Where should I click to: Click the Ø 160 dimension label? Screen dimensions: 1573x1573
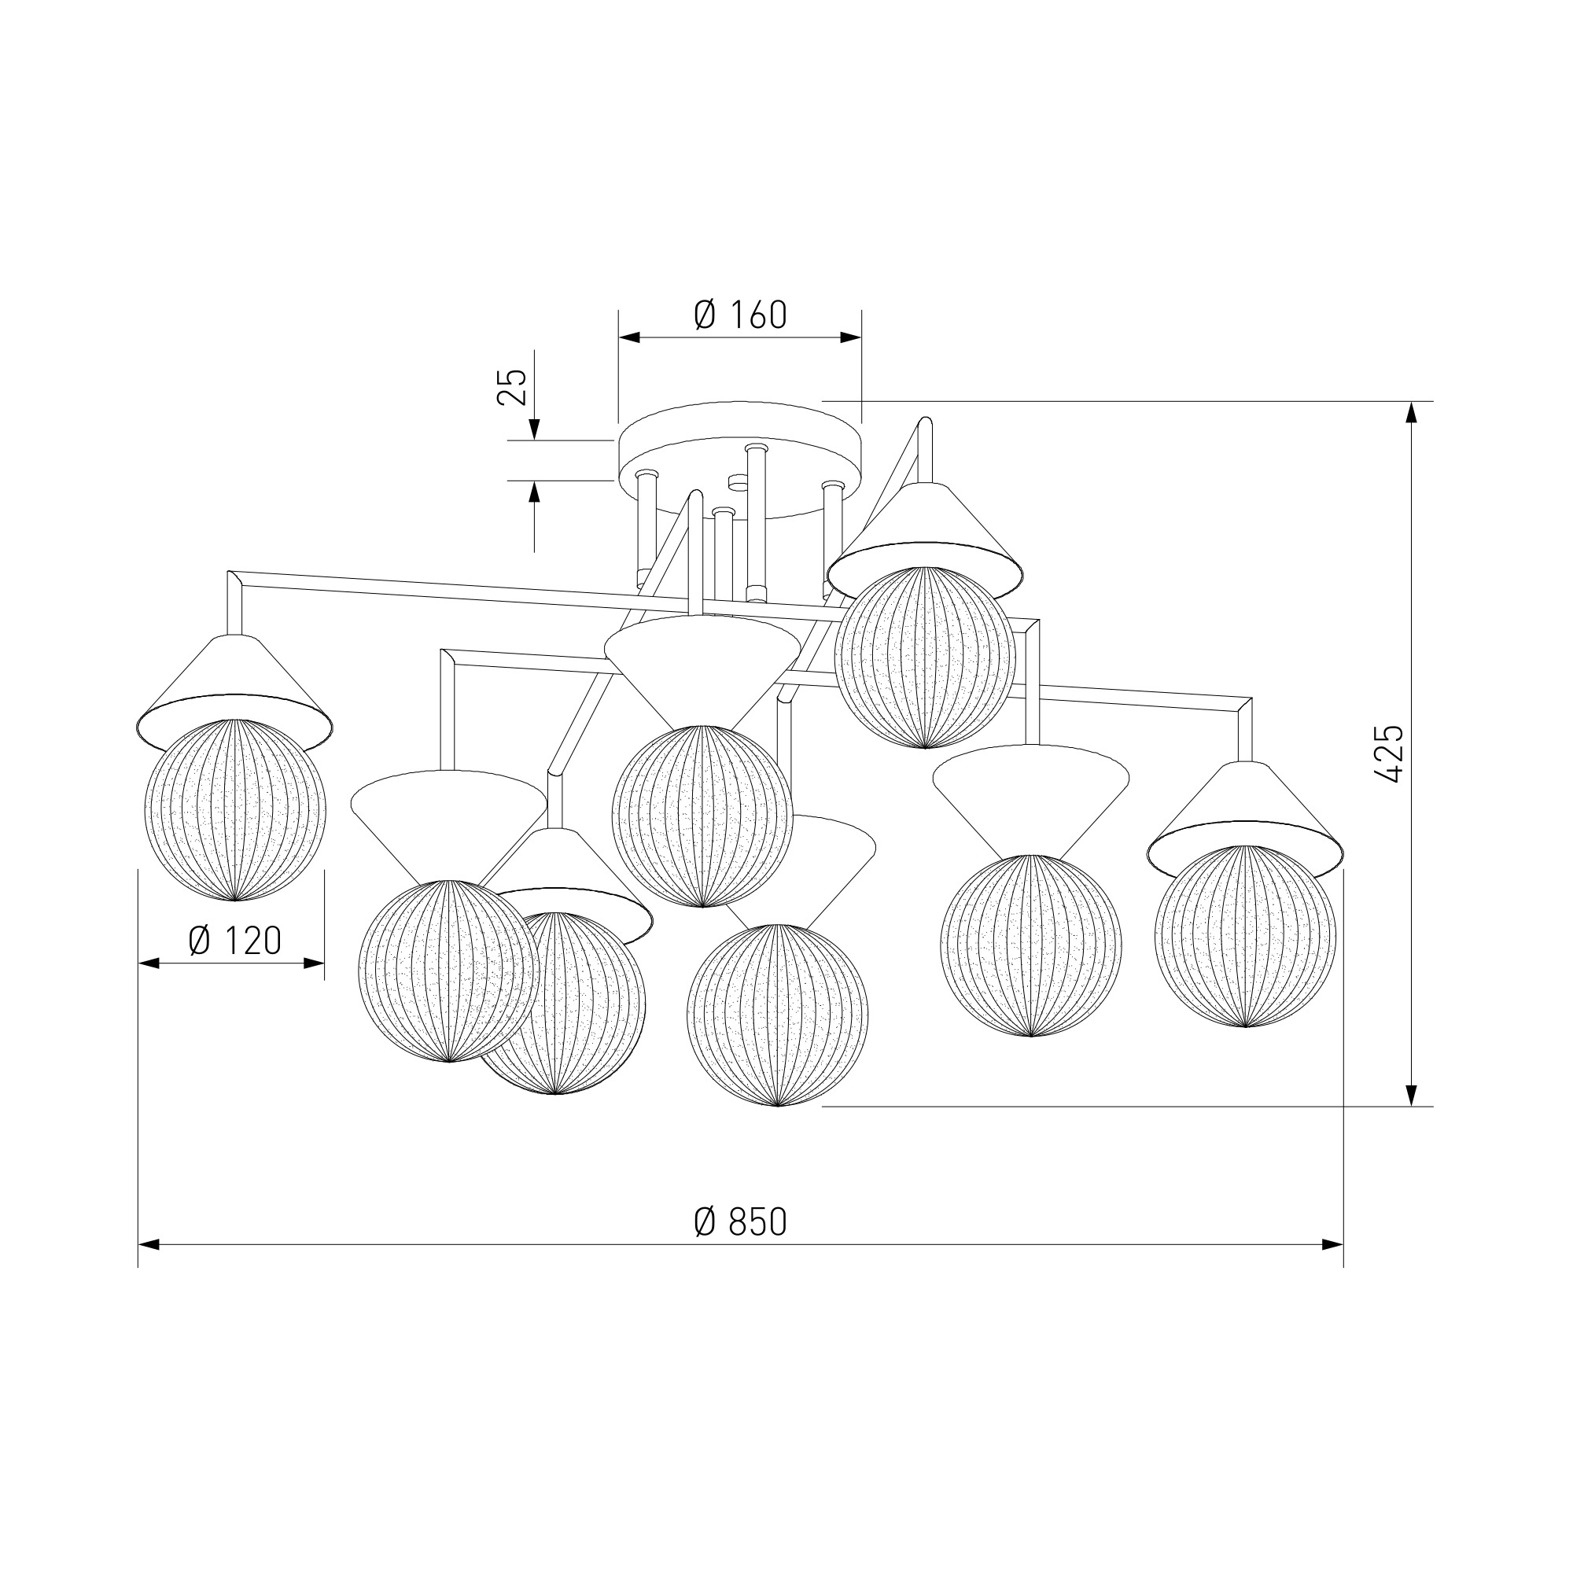[740, 315]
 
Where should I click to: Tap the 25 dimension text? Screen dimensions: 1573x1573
[512, 388]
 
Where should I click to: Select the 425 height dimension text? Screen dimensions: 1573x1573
[1389, 753]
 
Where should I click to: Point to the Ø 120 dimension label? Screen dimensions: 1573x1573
[234, 941]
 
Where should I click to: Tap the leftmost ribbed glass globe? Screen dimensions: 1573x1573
[234, 809]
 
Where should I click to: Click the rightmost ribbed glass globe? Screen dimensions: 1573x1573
[1245, 936]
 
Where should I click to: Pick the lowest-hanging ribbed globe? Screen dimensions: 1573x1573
[777, 1015]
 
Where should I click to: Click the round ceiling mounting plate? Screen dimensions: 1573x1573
[739, 460]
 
